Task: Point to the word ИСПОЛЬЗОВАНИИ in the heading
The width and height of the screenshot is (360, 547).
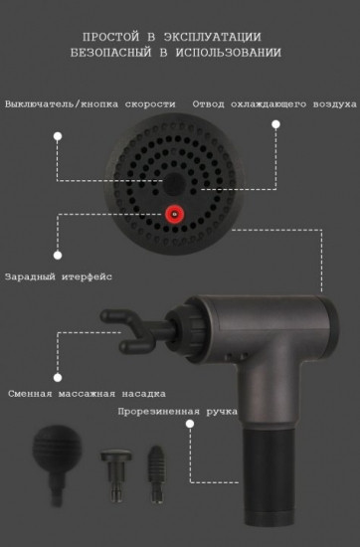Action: pos(233,51)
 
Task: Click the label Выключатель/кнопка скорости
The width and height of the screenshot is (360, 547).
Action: pos(91,103)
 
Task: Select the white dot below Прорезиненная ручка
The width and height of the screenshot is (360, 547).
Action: pos(188,425)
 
